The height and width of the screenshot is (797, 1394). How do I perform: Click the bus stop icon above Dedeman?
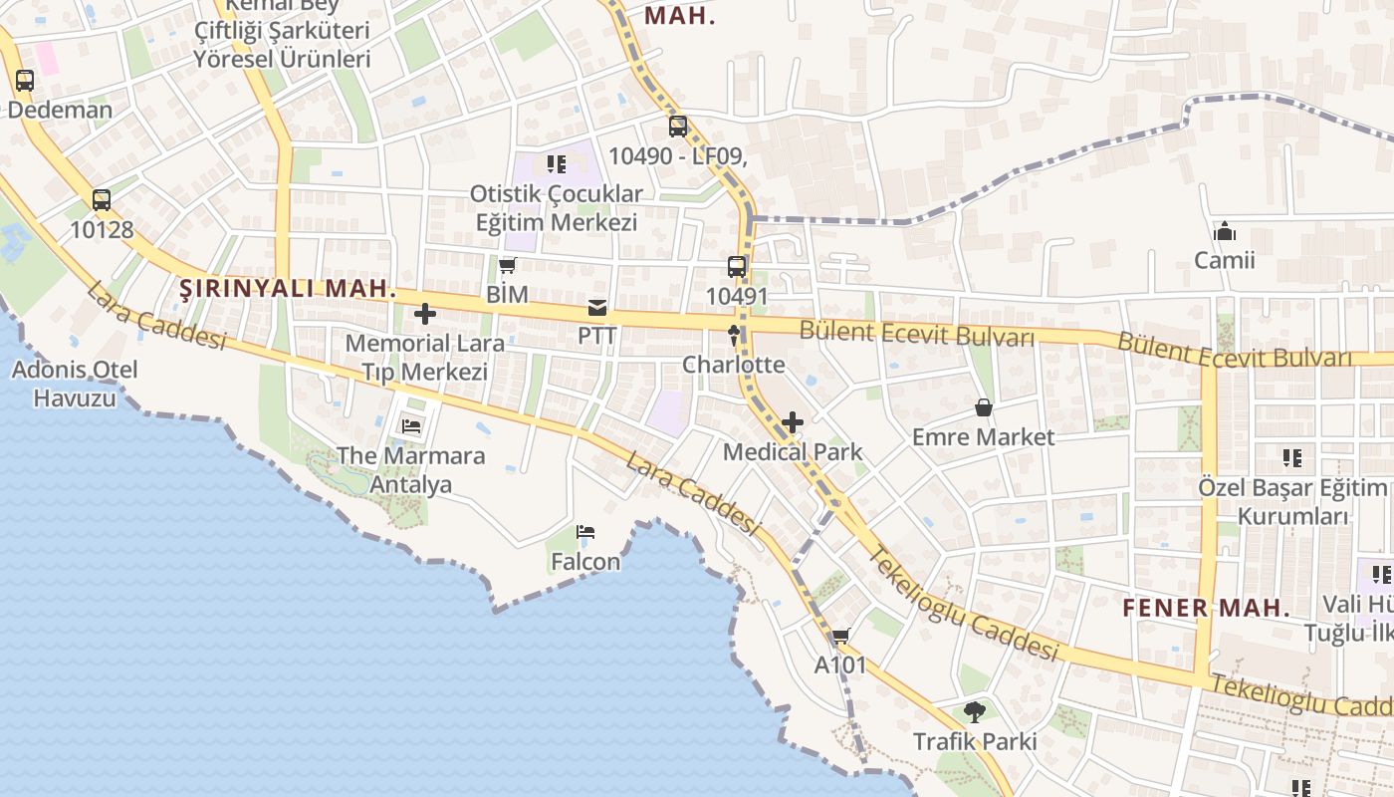[25, 81]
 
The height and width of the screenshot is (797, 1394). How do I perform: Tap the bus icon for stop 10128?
[102, 200]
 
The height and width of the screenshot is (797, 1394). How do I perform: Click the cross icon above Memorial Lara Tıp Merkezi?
[425, 314]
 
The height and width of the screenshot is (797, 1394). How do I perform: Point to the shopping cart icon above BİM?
[508, 265]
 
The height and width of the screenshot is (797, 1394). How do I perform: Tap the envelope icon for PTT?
[597, 308]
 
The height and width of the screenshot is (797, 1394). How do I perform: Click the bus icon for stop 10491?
[737, 267]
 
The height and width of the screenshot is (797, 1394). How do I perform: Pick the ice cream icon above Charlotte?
[735, 336]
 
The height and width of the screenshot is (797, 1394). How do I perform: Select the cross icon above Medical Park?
[793, 422]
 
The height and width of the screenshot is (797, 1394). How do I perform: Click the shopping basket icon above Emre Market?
[983, 407]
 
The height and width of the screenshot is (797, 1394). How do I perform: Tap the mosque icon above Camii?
[1225, 232]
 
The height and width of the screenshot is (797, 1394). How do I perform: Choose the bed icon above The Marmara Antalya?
[411, 426]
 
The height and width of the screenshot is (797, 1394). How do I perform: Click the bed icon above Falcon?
[585, 532]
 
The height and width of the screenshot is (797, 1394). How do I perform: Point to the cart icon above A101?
[840, 636]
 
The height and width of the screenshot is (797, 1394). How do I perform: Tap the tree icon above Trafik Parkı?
[975, 712]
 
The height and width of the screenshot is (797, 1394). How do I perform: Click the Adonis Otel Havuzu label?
[75, 384]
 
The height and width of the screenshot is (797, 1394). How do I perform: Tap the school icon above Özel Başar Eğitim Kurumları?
[1292, 458]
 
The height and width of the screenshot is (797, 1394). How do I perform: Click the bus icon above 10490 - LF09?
[678, 127]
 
